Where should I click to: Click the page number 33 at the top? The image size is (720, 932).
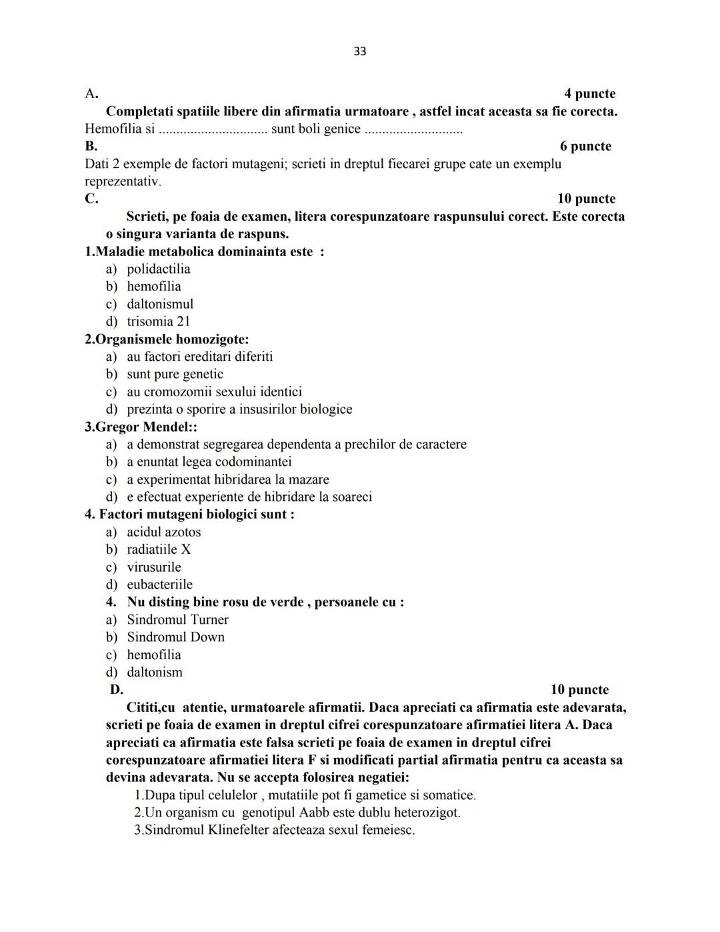coord(359,51)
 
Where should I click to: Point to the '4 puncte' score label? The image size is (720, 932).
coord(589,93)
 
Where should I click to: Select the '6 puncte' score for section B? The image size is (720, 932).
coord(585,146)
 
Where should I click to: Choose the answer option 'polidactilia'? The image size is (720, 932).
coord(159,269)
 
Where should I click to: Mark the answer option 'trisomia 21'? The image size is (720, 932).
coord(159,321)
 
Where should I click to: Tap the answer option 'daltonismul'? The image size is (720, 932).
coord(160,304)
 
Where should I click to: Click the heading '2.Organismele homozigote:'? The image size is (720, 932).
coord(167,339)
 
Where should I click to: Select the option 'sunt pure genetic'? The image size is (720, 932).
coord(175,374)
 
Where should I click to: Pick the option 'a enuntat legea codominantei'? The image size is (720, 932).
coord(209,462)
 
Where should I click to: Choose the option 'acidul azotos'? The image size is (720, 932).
coord(163,532)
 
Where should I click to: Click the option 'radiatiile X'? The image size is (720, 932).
coord(159,549)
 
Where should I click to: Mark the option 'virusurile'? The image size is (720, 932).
coord(154,567)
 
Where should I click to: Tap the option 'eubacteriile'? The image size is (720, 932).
coord(159,584)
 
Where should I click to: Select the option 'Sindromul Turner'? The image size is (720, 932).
coord(177,619)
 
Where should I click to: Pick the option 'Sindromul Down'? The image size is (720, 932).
coord(175,637)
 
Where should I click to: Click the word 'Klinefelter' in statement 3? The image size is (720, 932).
coord(235,830)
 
